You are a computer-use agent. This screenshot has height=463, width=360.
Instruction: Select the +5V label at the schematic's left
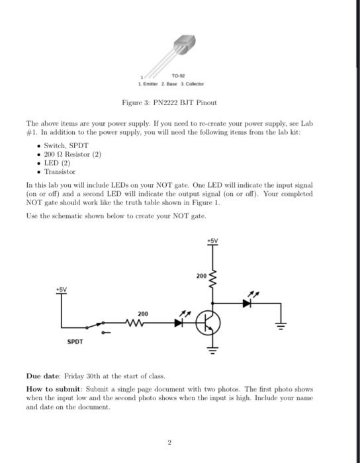pyautogui.click(x=62, y=288)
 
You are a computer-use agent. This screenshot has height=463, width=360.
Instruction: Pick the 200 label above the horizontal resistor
pyautogui.click(x=142, y=314)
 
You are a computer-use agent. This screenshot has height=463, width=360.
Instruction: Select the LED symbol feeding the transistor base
pyautogui.click(x=179, y=323)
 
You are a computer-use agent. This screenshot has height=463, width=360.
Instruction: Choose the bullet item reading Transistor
pyautogui.click(x=60, y=171)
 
